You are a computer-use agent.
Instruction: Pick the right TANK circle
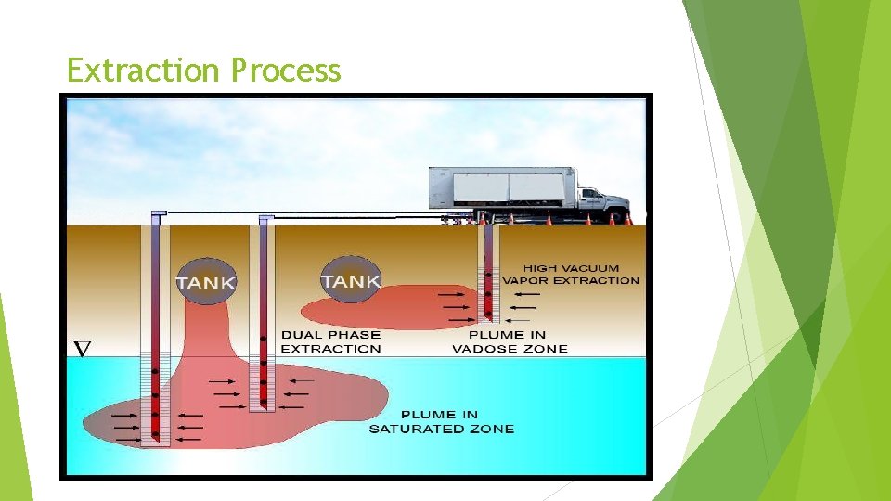point(350,278)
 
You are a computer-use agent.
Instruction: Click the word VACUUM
point(588,269)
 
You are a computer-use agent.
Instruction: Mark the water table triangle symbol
point(82,349)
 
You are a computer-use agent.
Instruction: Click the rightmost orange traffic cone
point(628,219)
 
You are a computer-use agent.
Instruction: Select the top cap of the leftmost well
point(159,213)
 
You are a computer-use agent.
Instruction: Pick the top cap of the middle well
point(265,218)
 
